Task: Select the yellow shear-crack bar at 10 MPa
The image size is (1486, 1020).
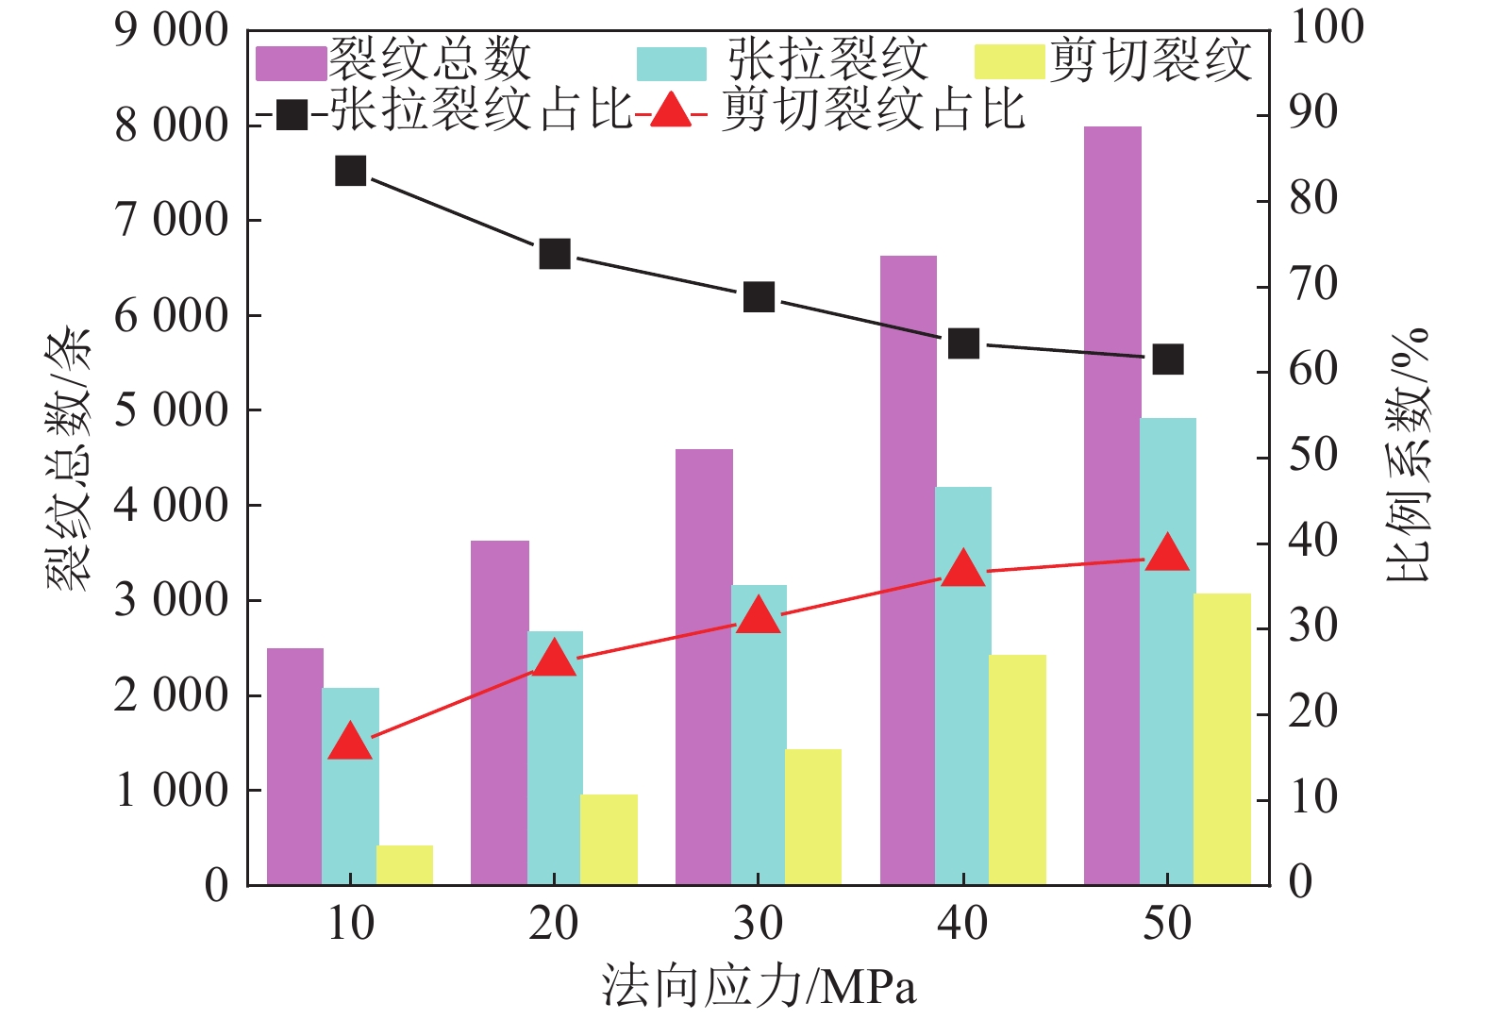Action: point(405,865)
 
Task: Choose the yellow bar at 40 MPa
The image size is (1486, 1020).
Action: point(1017,769)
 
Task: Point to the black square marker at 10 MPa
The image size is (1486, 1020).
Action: point(351,171)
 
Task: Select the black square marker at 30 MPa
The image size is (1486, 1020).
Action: point(760,297)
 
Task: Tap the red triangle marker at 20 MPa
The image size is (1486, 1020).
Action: point(555,659)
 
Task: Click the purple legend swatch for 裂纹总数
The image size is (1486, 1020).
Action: point(292,62)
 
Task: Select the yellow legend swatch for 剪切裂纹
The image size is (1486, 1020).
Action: point(1009,62)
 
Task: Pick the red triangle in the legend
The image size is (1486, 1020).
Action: point(671,110)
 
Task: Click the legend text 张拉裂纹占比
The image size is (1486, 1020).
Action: point(480,109)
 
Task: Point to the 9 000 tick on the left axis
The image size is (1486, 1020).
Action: point(172,31)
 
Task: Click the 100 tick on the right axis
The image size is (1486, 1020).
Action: point(1327,26)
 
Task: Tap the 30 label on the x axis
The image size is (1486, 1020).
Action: point(759,924)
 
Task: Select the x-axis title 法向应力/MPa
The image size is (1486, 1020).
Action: point(759,987)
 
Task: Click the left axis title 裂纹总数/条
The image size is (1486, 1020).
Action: point(70,459)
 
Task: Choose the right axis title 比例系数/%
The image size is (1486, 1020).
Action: point(1408,456)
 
